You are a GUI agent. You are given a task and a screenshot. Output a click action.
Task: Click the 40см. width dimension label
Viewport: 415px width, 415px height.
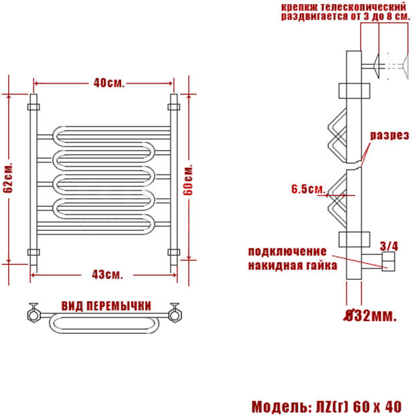[109, 83]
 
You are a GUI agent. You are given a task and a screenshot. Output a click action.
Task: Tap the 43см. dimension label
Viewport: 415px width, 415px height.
[108, 274]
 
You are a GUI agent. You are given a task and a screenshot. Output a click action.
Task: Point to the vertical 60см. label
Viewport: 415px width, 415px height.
[188, 181]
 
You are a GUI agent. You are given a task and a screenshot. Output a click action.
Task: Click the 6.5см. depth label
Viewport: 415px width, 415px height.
[309, 189]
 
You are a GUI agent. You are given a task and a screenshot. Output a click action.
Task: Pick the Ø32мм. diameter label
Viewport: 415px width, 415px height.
[370, 315]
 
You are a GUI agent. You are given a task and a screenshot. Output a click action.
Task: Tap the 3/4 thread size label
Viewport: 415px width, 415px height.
[389, 246]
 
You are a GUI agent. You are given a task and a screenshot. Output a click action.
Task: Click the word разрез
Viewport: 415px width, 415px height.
[390, 135]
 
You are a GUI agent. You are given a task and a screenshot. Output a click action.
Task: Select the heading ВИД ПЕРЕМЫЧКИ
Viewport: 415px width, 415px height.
[106, 306]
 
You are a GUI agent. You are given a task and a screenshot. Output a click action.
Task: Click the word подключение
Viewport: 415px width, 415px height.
[287, 252]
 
